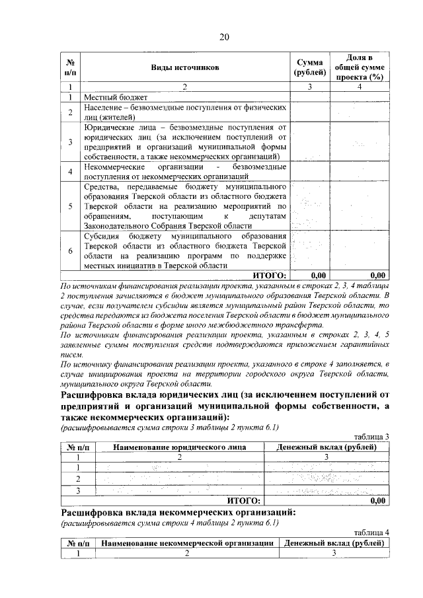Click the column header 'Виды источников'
click(x=184, y=67)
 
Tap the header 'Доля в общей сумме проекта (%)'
click(x=360, y=67)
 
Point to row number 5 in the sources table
click(x=70, y=207)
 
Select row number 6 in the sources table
click(x=70, y=250)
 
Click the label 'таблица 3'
click(x=371, y=437)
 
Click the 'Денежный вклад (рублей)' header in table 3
click(x=327, y=447)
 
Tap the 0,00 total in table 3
click(x=377, y=501)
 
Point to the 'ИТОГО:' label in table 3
click(x=244, y=501)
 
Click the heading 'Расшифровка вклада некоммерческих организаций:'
click(x=178, y=513)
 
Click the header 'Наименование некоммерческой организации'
click(x=188, y=543)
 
